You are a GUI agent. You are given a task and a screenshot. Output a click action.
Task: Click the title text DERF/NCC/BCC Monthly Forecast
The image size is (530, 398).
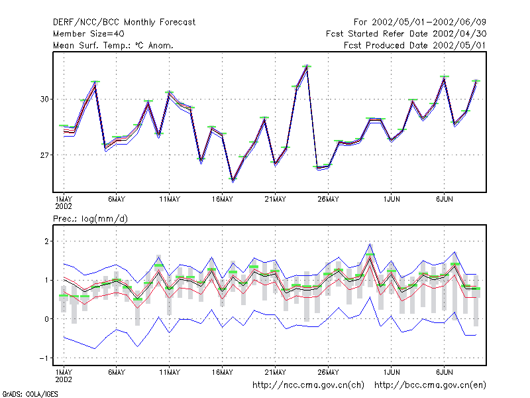click(x=124, y=23)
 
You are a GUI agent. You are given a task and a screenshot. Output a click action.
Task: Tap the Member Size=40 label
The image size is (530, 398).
click(x=89, y=34)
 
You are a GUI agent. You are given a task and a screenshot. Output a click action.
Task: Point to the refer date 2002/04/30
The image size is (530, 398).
click(x=459, y=34)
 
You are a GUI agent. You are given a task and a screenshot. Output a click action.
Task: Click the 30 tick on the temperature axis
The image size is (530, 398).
click(x=44, y=99)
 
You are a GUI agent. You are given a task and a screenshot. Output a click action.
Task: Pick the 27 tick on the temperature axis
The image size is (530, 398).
click(x=44, y=155)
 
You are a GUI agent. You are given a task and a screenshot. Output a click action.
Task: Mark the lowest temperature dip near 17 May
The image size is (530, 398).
click(x=233, y=180)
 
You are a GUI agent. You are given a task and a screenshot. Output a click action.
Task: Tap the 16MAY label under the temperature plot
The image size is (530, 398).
click(x=223, y=200)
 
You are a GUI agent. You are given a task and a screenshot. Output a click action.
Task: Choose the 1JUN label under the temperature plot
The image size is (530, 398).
click(x=392, y=200)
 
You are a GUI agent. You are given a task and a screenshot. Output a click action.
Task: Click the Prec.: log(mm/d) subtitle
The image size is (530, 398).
click(x=90, y=219)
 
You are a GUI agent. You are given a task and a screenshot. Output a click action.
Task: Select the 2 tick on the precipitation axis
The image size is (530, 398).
click(x=46, y=241)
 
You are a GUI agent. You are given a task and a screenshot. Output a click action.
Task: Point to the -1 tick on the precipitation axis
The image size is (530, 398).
click(x=44, y=358)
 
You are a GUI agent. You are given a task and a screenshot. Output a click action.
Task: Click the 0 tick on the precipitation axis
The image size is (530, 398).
click(x=46, y=319)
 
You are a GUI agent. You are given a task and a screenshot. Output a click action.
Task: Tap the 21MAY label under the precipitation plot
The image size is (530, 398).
click(x=275, y=372)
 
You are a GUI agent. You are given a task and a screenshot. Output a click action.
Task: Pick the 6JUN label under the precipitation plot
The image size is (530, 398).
click(x=444, y=372)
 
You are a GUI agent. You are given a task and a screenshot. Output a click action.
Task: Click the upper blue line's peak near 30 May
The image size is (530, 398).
click(x=370, y=244)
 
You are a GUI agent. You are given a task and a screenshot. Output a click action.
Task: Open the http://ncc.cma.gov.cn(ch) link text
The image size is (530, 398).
click(x=308, y=385)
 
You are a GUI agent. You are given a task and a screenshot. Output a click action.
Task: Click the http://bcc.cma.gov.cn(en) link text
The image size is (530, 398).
click(x=430, y=385)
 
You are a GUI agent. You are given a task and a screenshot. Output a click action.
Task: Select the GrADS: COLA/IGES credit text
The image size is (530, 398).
click(x=30, y=394)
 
